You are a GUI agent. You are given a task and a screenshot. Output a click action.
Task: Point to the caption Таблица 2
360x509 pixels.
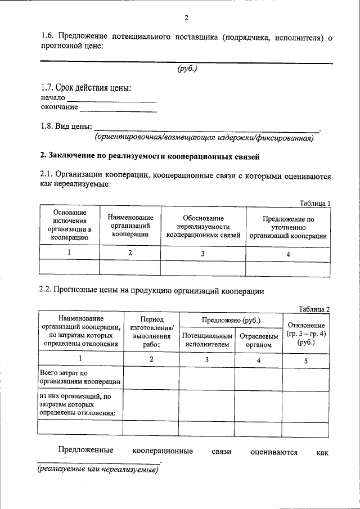[x=314, y=308]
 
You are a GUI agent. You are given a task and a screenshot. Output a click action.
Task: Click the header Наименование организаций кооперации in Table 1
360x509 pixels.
[x=130, y=226]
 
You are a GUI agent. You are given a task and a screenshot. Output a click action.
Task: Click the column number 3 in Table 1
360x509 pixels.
[x=203, y=253]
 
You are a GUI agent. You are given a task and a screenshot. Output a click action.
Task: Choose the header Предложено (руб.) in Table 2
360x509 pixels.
[x=231, y=320]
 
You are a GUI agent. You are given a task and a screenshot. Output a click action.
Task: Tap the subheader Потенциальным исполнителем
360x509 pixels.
[x=207, y=340]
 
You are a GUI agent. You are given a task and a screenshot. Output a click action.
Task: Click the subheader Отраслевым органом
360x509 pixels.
[x=259, y=340]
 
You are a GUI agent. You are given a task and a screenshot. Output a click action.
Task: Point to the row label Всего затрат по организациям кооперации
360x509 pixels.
[x=80, y=377]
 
